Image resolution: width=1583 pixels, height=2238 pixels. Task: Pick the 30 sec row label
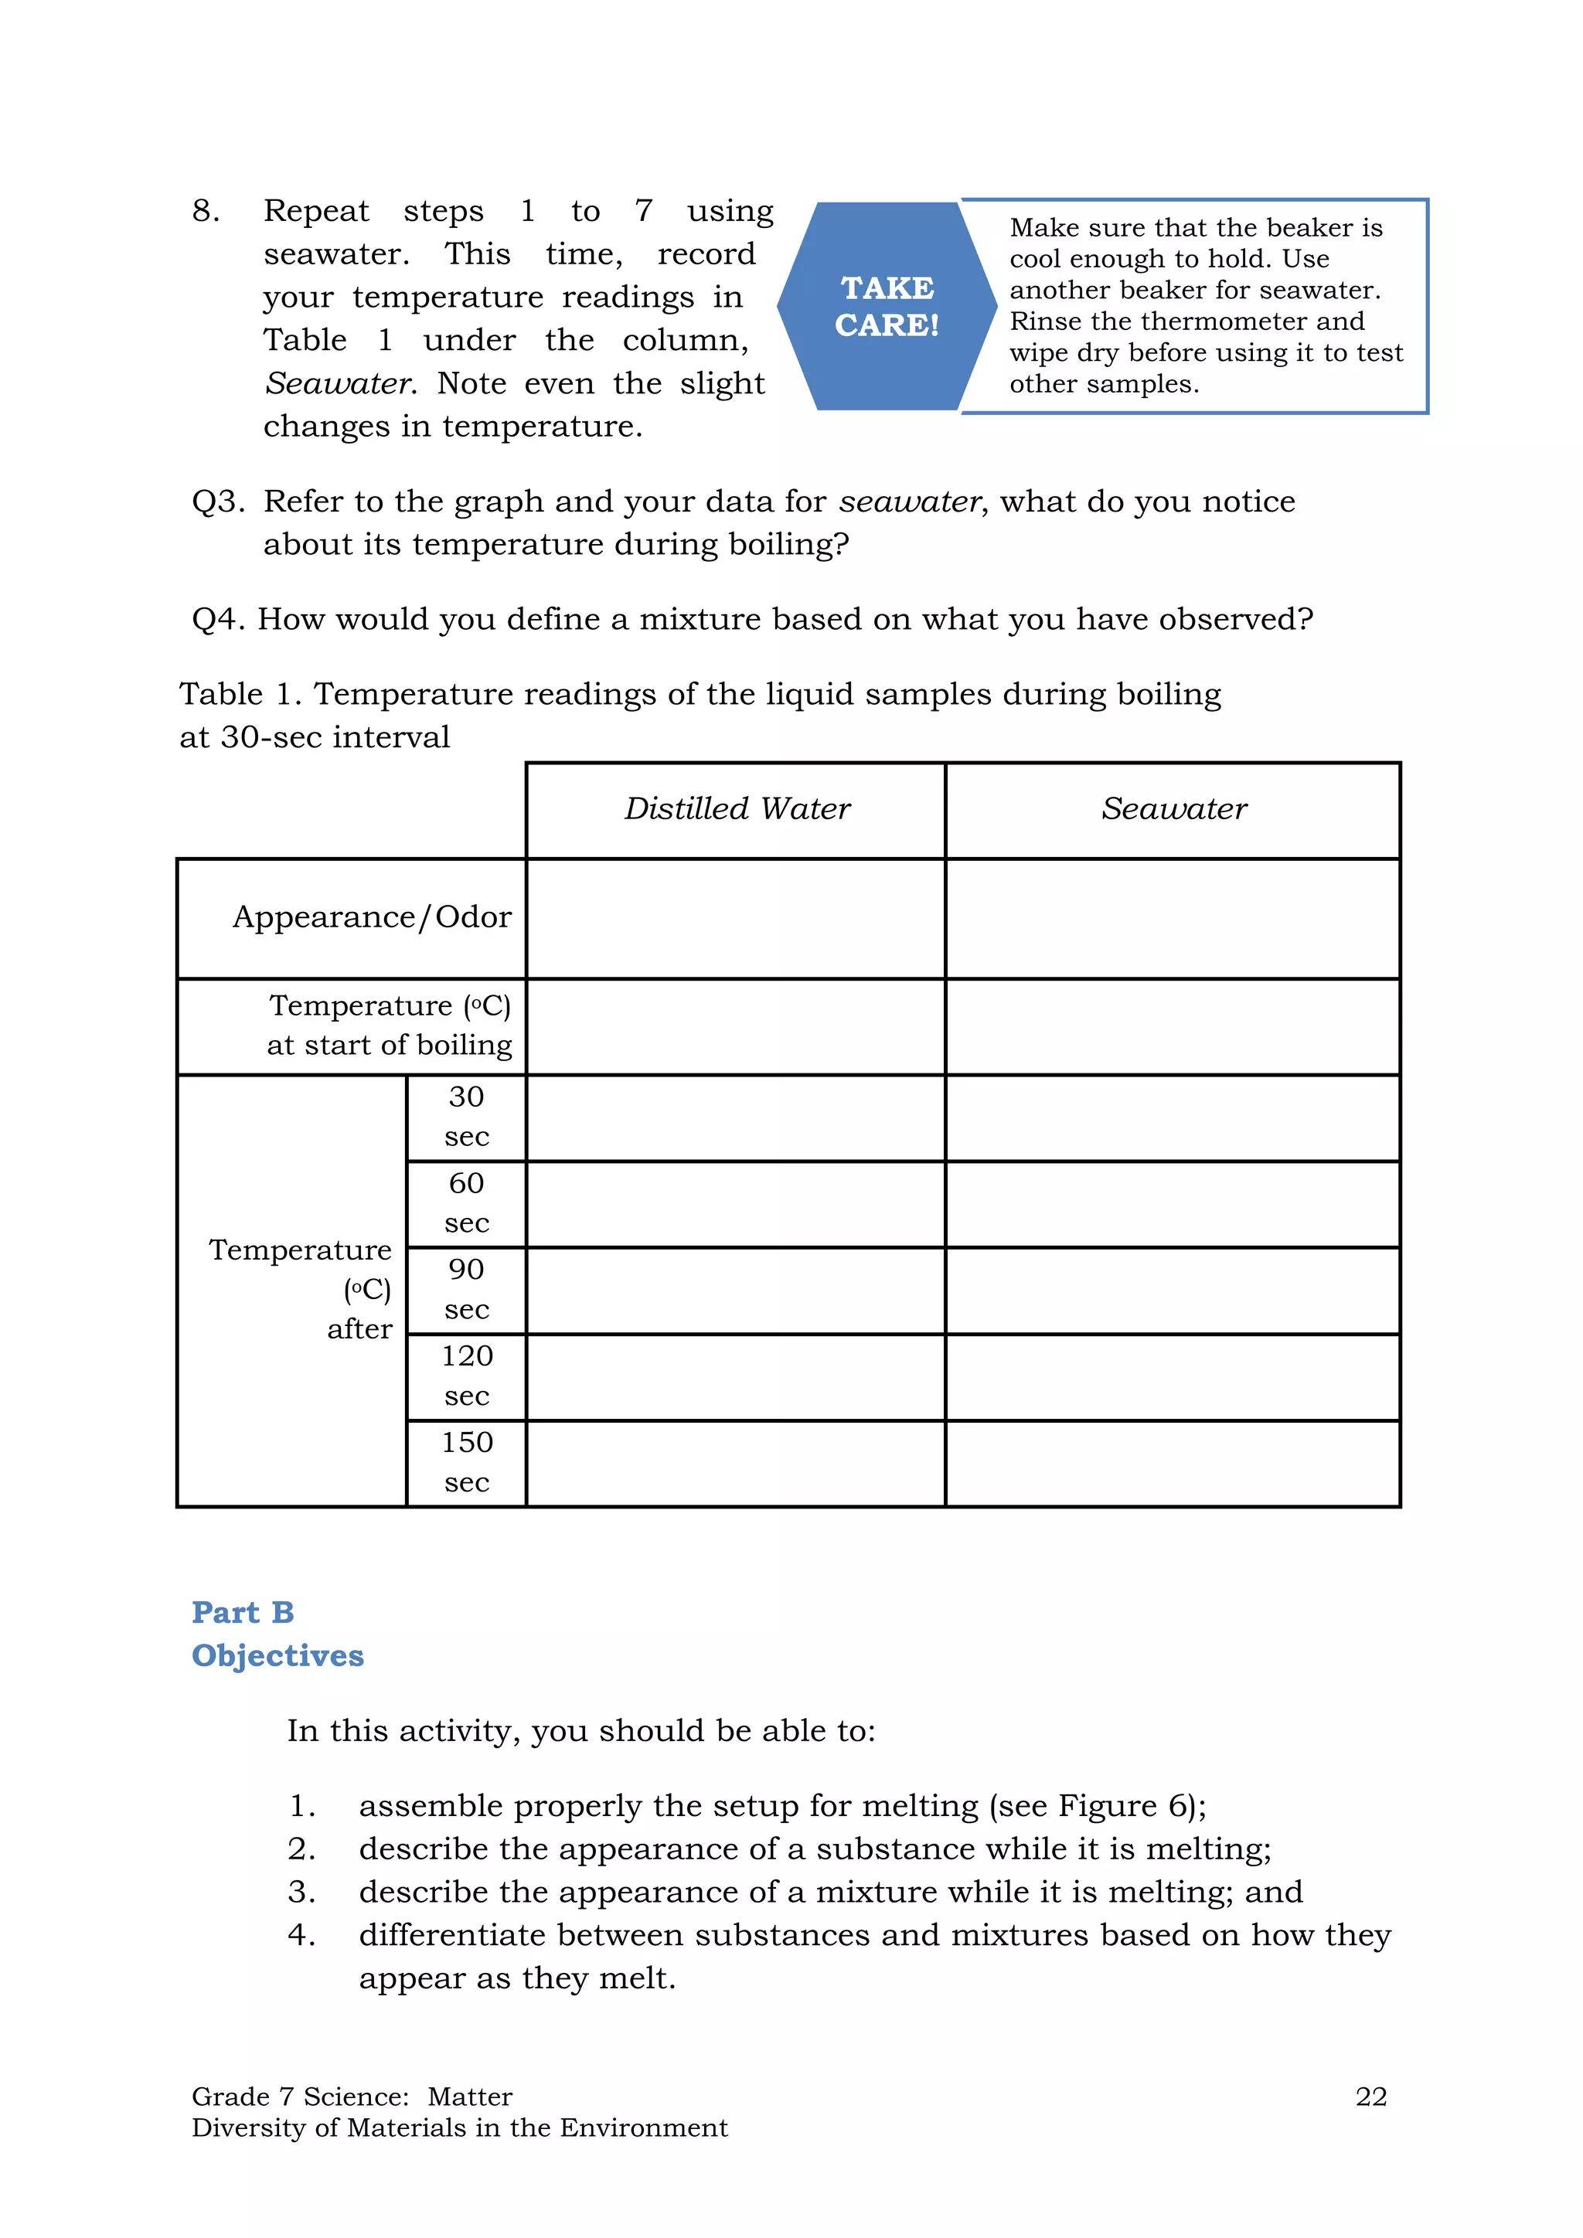tap(466, 1117)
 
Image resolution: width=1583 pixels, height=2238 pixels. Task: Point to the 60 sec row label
tap(466, 1202)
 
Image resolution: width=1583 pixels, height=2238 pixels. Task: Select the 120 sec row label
tap(466, 1376)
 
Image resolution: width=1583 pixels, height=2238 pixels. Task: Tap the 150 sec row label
tap(466, 1462)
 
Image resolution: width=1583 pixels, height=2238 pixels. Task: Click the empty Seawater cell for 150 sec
tap(1173, 1463)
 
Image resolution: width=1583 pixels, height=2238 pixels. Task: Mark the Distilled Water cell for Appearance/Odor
tap(736, 918)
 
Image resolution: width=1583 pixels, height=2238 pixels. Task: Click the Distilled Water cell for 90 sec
tap(736, 1291)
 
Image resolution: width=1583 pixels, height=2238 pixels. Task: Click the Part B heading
tap(243, 1612)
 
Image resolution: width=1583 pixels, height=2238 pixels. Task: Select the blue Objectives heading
tap(277, 1655)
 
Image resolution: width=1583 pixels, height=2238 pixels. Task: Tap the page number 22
tap(1370, 2097)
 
